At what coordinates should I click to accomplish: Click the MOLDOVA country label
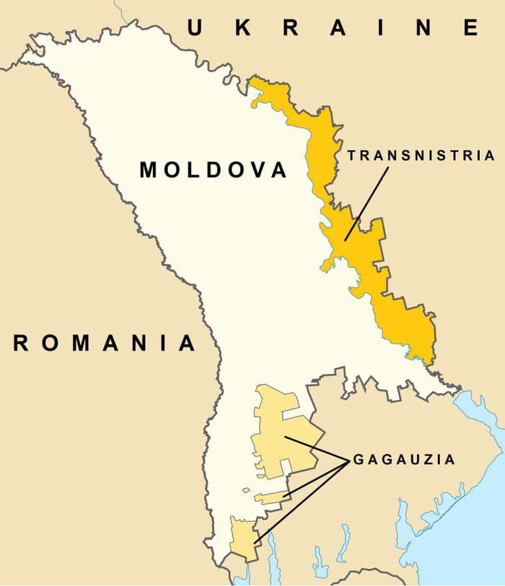(x=213, y=170)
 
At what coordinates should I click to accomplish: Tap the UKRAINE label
(x=333, y=28)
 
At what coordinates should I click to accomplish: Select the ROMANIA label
(x=105, y=343)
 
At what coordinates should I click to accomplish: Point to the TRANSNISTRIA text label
(x=420, y=155)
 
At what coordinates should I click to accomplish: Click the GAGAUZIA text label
(x=403, y=459)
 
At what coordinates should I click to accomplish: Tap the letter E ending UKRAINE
(x=471, y=28)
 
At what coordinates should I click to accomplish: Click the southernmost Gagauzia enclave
(x=242, y=537)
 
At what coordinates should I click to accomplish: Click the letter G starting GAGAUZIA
(x=359, y=459)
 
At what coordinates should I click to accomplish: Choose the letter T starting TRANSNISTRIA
(x=351, y=155)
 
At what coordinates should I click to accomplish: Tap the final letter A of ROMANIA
(x=188, y=343)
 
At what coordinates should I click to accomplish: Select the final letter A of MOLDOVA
(x=278, y=170)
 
